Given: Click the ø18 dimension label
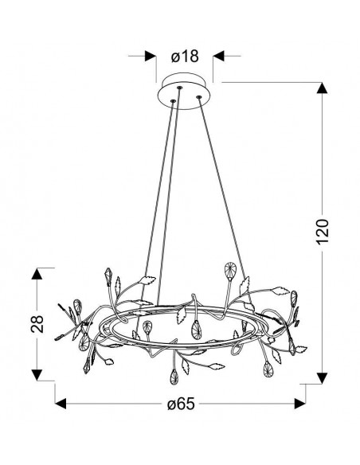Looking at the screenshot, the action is coord(185,57).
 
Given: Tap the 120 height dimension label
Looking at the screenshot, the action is coord(323,232).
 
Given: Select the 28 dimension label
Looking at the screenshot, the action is coord(37,324).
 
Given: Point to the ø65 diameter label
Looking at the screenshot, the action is coord(181,404).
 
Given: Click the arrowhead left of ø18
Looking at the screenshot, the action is coord(151,56).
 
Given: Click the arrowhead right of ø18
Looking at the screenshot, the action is coord(219,56).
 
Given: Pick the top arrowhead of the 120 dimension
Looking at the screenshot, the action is coord(322,88).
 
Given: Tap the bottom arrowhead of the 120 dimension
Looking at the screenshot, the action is coord(322,378).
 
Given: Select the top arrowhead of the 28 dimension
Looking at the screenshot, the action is coord(37,274).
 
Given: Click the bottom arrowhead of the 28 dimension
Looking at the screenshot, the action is coord(37,375).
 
